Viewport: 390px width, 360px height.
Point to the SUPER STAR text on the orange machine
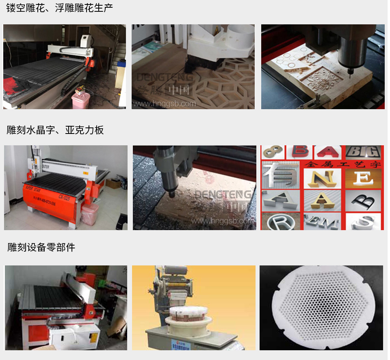coord(34,189)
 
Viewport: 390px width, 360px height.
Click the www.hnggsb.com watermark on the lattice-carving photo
coord(165,104)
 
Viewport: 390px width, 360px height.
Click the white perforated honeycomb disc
coord(321,307)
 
